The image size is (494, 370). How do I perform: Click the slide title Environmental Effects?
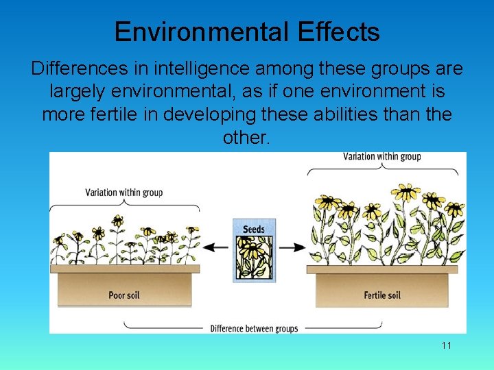[x=247, y=32]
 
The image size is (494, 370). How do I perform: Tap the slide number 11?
[x=447, y=345]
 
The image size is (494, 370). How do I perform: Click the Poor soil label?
[x=124, y=295]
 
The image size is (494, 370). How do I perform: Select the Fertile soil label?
[x=382, y=295]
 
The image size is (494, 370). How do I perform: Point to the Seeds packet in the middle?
[x=254, y=250]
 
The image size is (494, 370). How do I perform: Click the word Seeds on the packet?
[x=254, y=229]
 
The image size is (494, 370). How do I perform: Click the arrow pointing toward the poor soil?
[x=219, y=247]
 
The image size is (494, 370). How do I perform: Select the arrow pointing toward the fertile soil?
[x=291, y=247]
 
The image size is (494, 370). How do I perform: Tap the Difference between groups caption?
[x=254, y=328]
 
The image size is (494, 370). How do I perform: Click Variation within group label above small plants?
[x=123, y=193]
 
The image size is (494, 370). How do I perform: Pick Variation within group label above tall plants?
[x=382, y=157]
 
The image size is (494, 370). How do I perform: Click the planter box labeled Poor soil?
[x=124, y=288]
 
